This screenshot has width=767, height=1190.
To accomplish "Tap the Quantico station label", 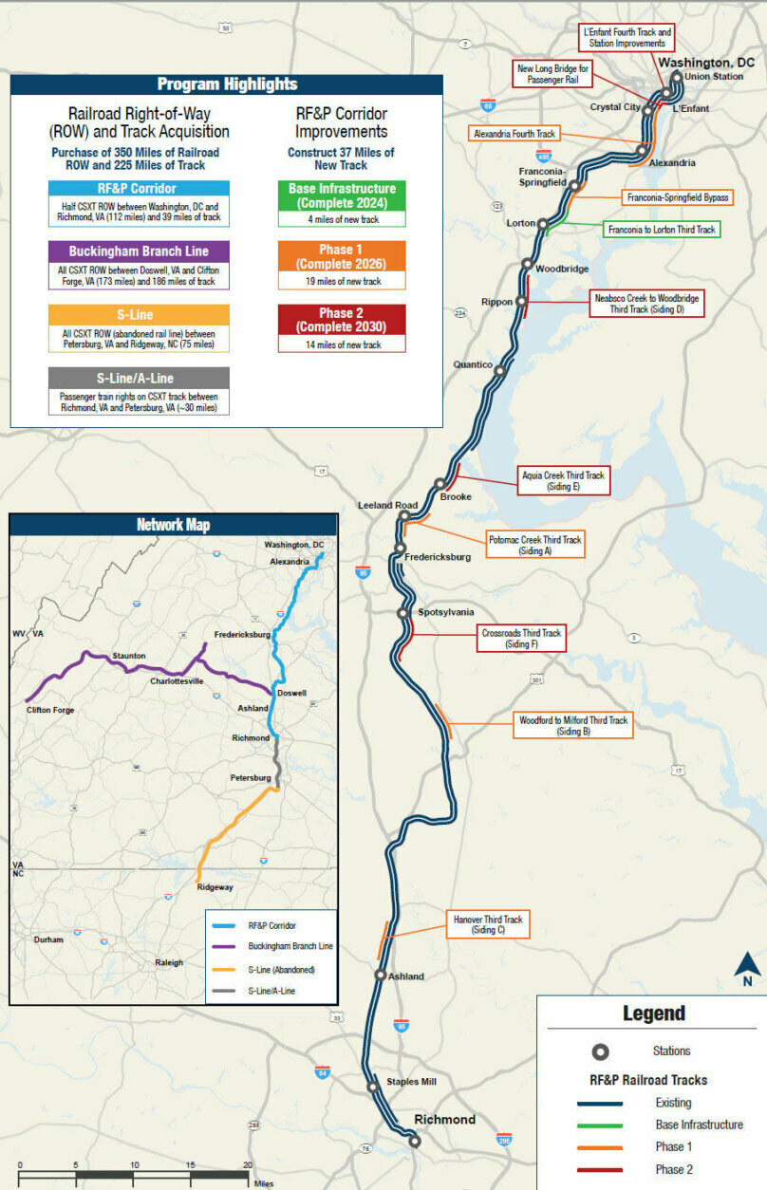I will pyautogui.click(x=473, y=364).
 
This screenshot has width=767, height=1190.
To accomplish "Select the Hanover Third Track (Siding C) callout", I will pyautogui.click(x=488, y=925).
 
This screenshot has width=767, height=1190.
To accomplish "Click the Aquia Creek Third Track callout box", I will pyautogui.click(x=563, y=480).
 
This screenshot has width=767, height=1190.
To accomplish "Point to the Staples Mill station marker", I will pyautogui.click(x=374, y=1088).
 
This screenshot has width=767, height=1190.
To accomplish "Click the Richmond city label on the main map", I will pyautogui.click(x=444, y=1120).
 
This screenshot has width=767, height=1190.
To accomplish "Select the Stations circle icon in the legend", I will pyautogui.click(x=600, y=1051).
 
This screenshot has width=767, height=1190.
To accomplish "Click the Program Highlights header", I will pyautogui.click(x=227, y=84).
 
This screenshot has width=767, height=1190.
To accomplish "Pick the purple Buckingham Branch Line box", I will pyautogui.click(x=139, y=251).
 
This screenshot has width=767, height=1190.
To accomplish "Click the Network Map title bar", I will pyautogui.click(x=173, y=525).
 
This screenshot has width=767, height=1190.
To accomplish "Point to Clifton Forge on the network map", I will pyautogui.click(x=50, y=710).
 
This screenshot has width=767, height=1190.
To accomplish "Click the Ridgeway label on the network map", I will pyautogui.click(x=215, y=887).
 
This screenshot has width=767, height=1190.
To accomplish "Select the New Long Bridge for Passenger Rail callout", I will pyautogui.click(x=552, y=74).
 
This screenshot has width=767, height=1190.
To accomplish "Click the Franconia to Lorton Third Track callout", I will pyautogui.click(x=662, y=230).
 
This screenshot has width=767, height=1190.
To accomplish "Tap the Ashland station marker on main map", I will pyautogui.click(x=381, y=975).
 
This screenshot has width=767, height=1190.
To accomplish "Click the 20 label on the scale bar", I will pyautogui.click(x=248, y=1165).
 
